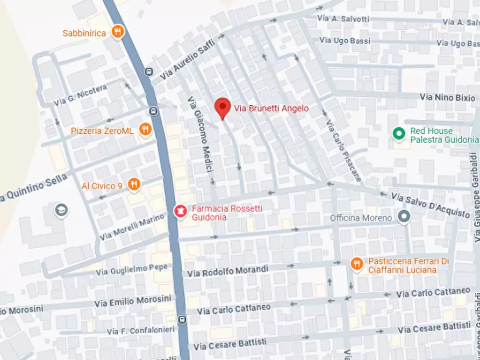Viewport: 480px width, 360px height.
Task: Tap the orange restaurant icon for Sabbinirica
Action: pyautogui.click(x=118, y=32)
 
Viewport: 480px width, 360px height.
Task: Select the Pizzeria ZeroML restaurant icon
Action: pyautogui.click(x=144, y=129)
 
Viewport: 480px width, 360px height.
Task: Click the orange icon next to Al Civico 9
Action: pyautogui.click(x=134, y=185)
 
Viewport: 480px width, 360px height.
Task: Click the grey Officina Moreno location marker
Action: pyautogui.click(x=404, y=217)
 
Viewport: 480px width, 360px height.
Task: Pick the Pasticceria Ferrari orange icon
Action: pyautogui.click(x=356, y=264)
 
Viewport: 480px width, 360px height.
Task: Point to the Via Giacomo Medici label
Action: pyautogui.click(x=198, y=134)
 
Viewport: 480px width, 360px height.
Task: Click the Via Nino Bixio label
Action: pyautogui.click(x=447, y=97)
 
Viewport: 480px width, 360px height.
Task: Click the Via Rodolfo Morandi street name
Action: pyautogui.click(x=227, y=271)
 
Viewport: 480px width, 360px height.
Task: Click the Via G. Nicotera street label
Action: pyautogui.click(x=80, y=95)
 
